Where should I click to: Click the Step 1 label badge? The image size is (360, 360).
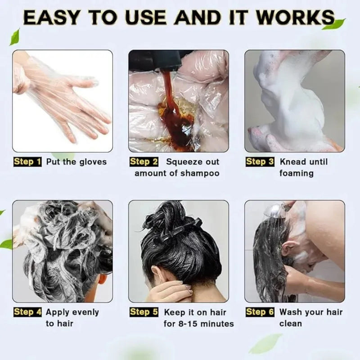pos(28,162)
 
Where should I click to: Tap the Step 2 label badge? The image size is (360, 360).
pos(144,162)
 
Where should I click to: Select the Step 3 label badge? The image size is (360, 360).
pos(260,162)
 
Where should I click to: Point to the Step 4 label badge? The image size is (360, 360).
pos(28,312)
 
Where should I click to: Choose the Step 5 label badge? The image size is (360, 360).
pos(144,312)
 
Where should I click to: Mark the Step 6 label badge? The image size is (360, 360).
pos(260,312)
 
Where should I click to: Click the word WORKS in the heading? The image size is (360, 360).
pos(294,18)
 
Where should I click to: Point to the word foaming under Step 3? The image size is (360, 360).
pos(296,174)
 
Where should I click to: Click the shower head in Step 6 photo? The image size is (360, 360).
pos(275,210)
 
